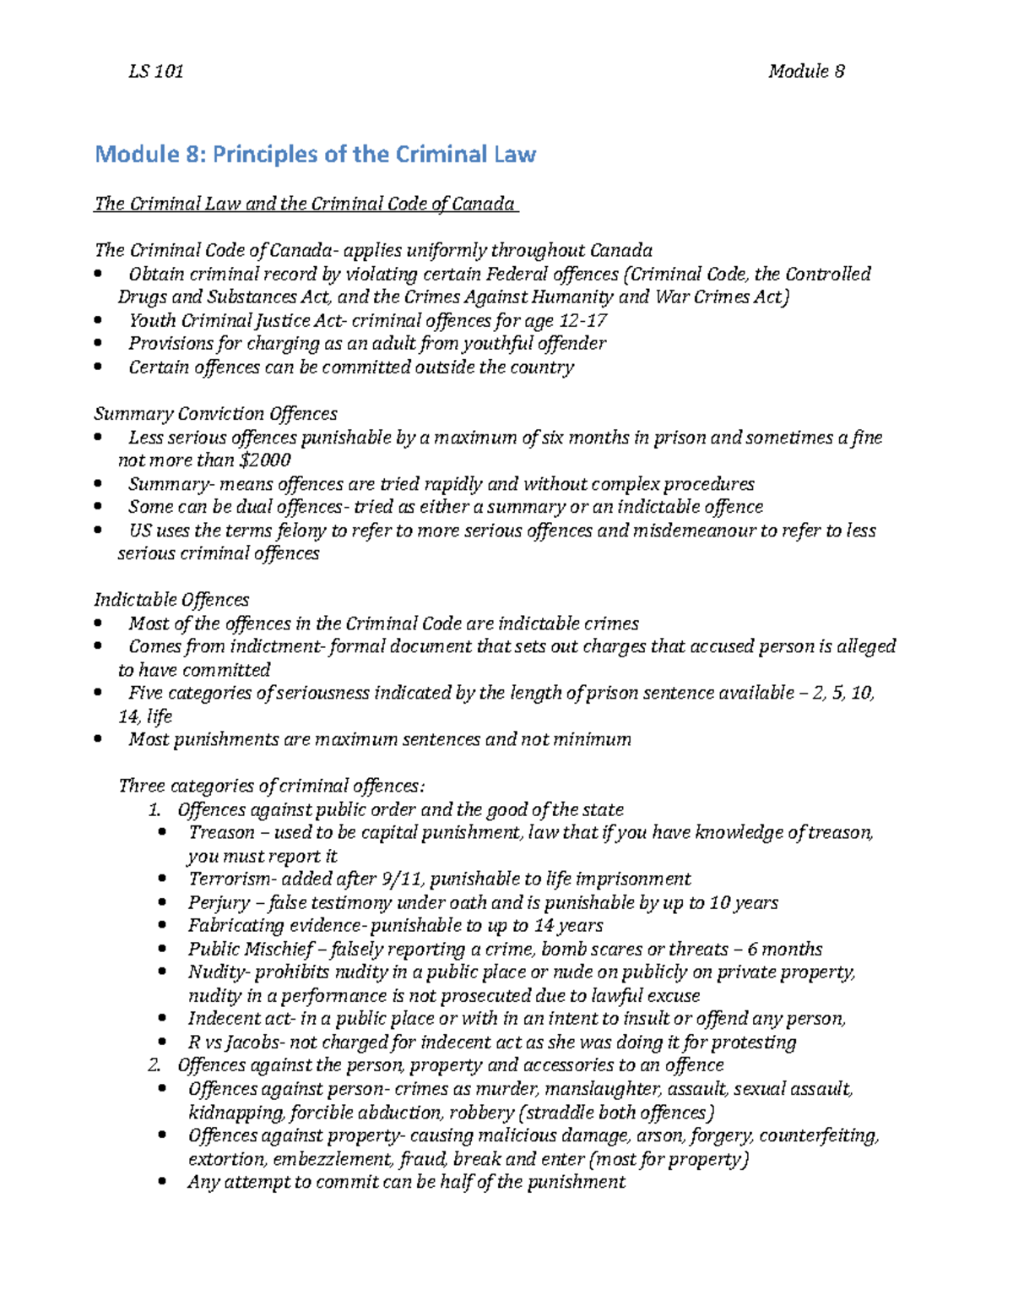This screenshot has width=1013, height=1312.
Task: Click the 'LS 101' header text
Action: [155, 72]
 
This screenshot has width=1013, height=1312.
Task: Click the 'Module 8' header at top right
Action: [806, 72]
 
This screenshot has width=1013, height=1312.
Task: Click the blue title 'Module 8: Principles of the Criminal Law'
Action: [315, 155]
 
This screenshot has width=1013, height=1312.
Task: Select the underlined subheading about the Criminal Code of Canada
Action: [305, 204]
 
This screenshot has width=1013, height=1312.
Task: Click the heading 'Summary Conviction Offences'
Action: [215, 413]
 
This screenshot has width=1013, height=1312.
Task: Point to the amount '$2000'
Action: [265, 460]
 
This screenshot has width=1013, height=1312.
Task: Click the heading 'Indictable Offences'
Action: [171, 599]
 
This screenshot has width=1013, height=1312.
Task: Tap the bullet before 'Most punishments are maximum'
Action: [100, 740]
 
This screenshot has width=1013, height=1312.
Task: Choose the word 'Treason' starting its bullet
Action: [221, 832]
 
